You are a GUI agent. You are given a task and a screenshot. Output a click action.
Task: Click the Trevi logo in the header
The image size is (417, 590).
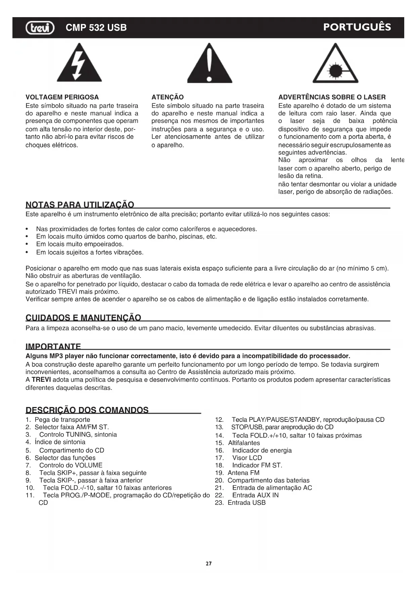pos(40,28)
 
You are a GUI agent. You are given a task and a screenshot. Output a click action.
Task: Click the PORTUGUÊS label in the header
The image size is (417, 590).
pos(357,27)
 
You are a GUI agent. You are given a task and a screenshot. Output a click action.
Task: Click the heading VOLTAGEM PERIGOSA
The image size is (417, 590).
pos(62,97)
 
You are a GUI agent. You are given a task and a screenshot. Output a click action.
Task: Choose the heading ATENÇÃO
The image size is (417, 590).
pos(167,97)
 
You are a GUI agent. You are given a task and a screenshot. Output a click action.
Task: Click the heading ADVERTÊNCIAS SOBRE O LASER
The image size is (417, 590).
pos(332,97)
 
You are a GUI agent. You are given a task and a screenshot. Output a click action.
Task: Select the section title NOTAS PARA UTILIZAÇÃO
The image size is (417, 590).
pos(80,205)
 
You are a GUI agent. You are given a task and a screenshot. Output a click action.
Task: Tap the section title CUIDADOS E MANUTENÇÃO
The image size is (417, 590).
pos(83,318)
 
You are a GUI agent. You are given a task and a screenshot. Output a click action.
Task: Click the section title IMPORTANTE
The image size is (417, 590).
pos(53,346)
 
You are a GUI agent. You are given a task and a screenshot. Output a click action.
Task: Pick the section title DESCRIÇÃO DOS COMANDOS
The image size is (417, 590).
pos(87,410)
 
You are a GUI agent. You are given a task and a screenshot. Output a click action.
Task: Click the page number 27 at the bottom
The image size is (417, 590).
pos(209,563)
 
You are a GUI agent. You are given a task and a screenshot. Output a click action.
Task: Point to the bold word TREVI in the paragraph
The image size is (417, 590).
pos(41,380)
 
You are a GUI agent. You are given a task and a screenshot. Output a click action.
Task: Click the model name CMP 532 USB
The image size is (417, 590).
pos(96,28)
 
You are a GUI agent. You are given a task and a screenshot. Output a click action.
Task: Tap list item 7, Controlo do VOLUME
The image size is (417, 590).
pos(71,465)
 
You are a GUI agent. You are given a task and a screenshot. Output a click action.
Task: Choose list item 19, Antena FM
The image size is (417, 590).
pos(243,473)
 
